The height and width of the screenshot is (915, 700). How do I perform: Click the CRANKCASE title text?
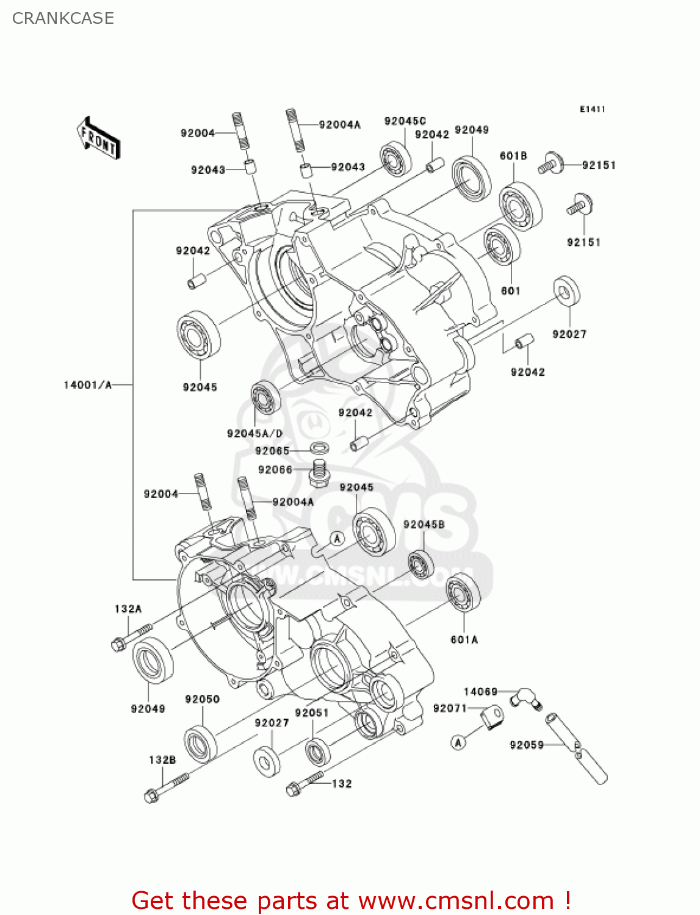(x=63, y=18)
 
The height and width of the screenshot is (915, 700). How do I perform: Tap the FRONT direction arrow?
(x=98, y=138)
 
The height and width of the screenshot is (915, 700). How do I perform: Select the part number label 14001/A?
(x=88, y=385)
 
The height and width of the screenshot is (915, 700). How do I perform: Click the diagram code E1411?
(x=592, y=109)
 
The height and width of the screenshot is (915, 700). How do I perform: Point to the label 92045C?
(x=405, y=121)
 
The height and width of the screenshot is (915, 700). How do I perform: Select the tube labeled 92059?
(x=576, y=748)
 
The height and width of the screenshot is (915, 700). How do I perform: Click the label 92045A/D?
(x=254, y=434)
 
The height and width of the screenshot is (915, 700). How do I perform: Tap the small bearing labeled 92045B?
(x=421, y=564)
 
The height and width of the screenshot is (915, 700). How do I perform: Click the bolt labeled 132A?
(x=131, y=636)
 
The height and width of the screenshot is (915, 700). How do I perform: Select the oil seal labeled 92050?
(x=201, y=744)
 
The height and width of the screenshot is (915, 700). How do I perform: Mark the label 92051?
(x=311, y=713)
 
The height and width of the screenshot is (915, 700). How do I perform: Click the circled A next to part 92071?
(x=458, y=742)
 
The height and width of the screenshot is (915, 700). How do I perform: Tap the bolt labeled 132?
(x=303, y=784)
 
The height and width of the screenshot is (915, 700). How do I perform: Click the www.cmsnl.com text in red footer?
(x=455, y=901)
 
